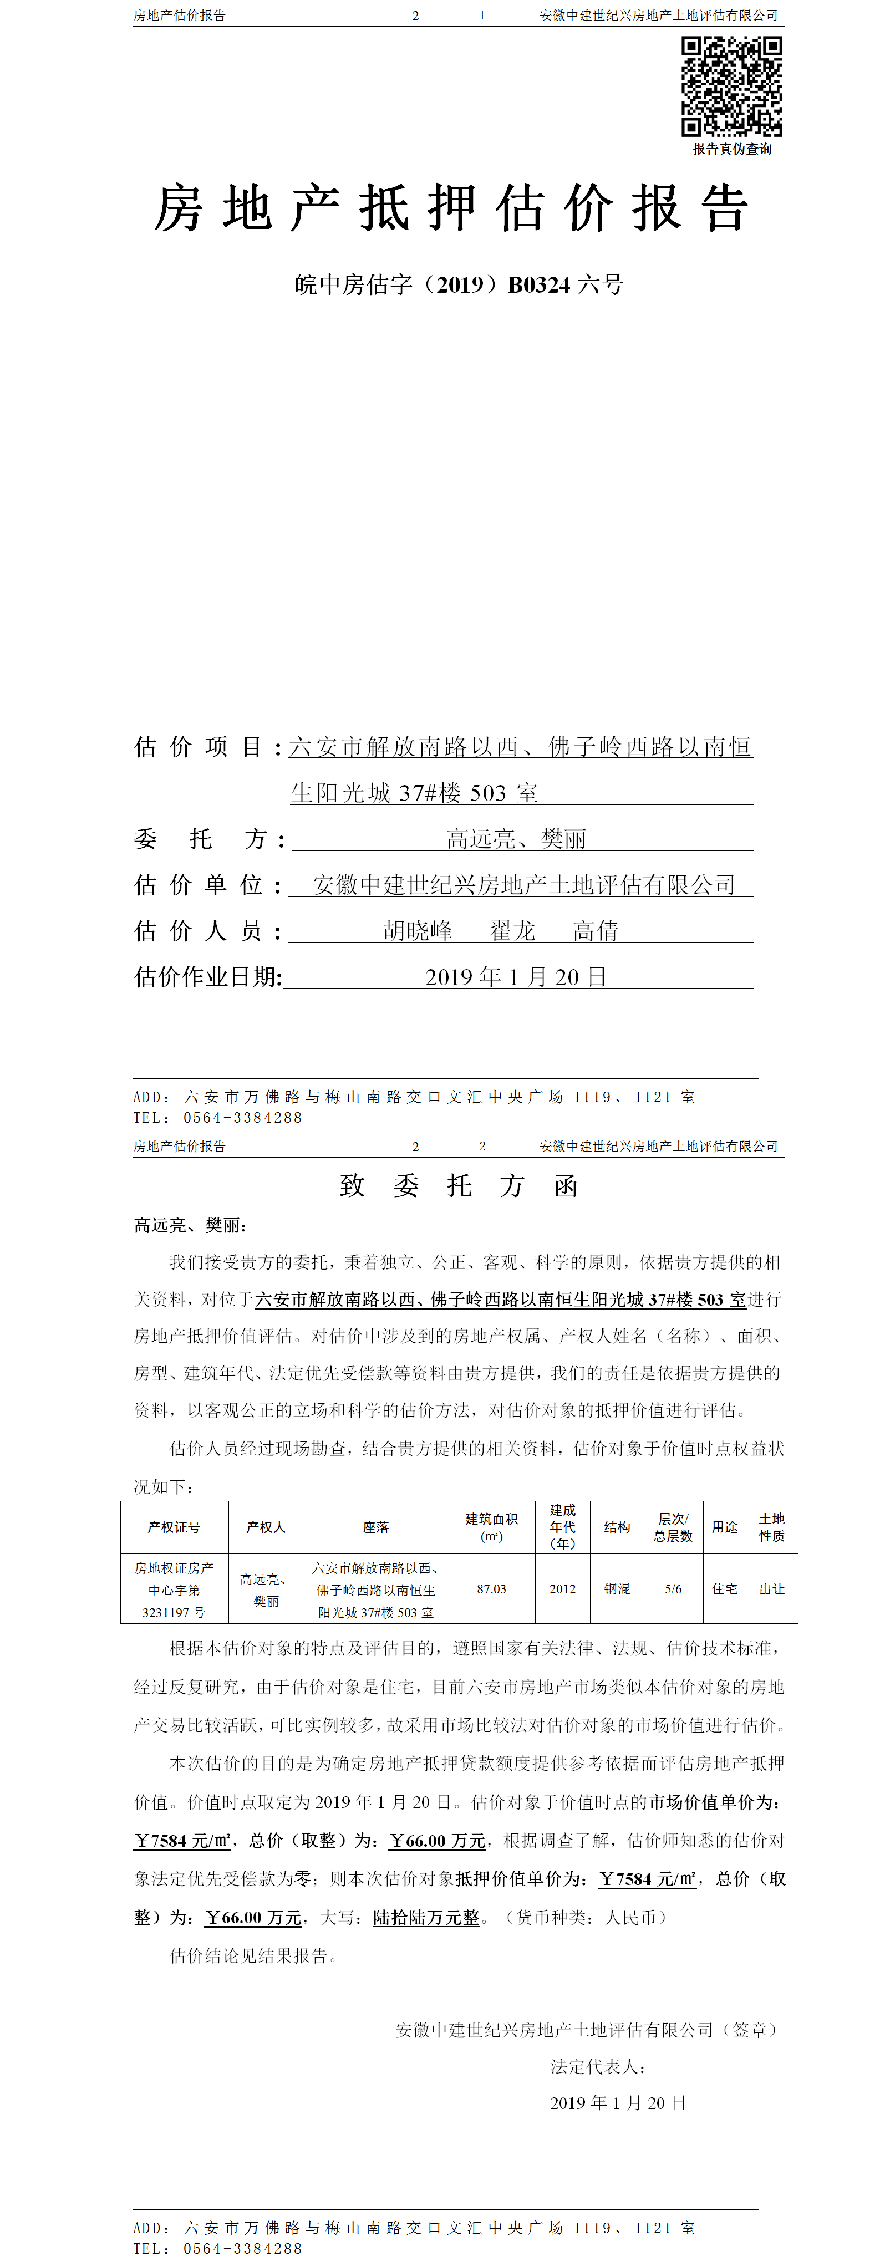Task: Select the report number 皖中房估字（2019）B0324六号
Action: (x=459, y=284)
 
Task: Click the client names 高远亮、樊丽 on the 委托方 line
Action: (x=516, y=839)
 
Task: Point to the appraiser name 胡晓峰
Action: (x=418, y=931)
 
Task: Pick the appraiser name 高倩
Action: (x=596, y=931)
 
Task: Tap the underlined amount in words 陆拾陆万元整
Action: (x=427, y=1917)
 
